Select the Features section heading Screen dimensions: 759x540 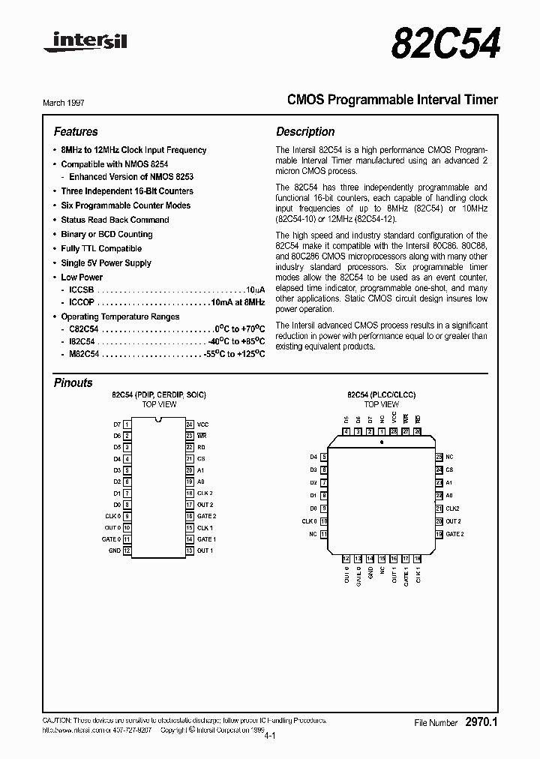(x=76, y=132)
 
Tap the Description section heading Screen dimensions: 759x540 (x=305, y=132)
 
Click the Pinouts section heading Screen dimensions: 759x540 (x=73, y=382)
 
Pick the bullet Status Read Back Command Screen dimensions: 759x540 (x=115, y=220)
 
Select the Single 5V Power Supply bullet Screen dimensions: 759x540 (x=106, y=263)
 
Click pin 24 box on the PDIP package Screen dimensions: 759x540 (x=190, y=424)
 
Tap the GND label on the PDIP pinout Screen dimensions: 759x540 (x=114, y=551)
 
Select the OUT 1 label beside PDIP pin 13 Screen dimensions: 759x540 (x=205, y=551)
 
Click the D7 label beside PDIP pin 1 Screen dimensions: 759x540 (x=116, y=424)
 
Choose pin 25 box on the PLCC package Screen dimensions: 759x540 (x=439, y=457)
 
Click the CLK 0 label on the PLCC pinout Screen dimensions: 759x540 (x=309, y=521)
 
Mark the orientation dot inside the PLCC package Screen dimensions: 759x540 (x=382, y=443)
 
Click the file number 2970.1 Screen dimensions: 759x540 (x=481, y=722)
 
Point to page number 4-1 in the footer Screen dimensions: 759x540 (x=270, y=736)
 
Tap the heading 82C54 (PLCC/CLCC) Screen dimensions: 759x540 (x=381, y=394)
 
